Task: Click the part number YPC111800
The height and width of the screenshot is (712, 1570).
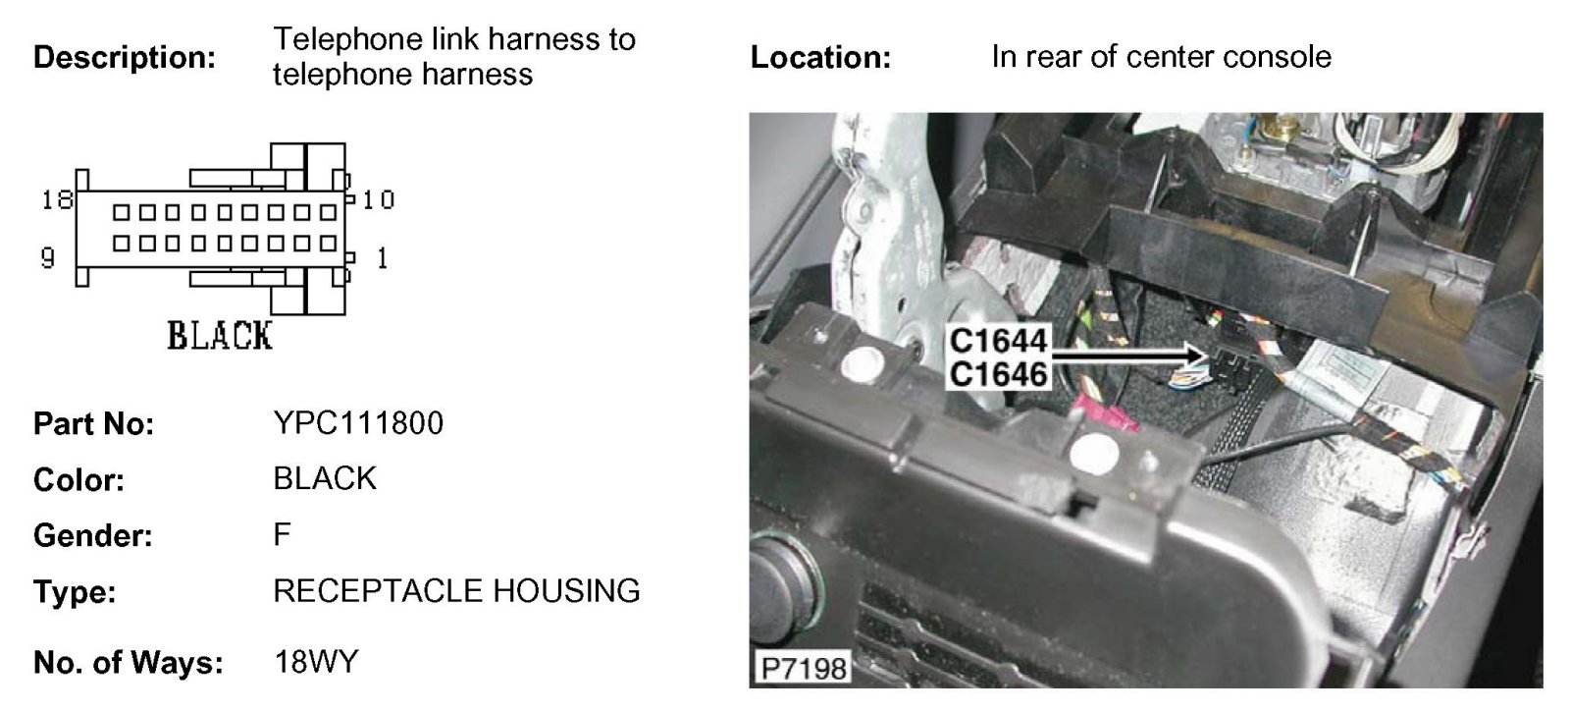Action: pyautogui.click(x=358, y=423)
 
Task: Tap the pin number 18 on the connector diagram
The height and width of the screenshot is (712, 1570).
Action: pyautogui.click(x=57, y=200)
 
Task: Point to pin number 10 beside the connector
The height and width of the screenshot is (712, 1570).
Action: pyautogui.click(x=378, y=200)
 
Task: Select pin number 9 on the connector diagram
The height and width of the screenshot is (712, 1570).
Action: pyautogui.click(x=47, y=258)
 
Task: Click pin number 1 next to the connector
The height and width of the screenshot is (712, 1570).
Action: pyautogui.click(x=382, y=258)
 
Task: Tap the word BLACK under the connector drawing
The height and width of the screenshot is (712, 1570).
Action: pyautogui.click(x=219, y=336)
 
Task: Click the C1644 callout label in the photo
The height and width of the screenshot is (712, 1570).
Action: pyautogui.click(x=999, y=342)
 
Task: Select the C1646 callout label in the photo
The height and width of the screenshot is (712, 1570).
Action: pyautogui.click(x=999, y=374)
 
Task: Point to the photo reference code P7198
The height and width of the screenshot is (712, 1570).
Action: pyautogui.click(x=803, y=669)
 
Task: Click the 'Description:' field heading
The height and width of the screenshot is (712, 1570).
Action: pyautogui.click(x=125, y=57)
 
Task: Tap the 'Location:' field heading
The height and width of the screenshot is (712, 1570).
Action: pyautogui.click(x=820, y=57)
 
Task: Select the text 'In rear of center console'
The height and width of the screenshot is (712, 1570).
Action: pyautogui.click(x=1161, y=57)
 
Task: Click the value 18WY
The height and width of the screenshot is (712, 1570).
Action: pyautogui.click(x=316, y=662)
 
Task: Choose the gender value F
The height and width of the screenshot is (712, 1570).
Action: pyautogui.click(x=283, y=535)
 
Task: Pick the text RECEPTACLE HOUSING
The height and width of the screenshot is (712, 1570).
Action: pyautogui.click(x=456, y=591)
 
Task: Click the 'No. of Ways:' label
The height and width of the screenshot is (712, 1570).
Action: pyautogui.click(x=129, y=663)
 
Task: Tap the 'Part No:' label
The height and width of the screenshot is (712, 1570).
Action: pyautogui.click(x=94, y=424)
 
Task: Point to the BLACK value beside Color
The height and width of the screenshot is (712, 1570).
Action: pyautogui.click(x=325, y=479)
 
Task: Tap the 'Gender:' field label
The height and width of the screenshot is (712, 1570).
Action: pyautogui.click(x=93, y=536)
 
